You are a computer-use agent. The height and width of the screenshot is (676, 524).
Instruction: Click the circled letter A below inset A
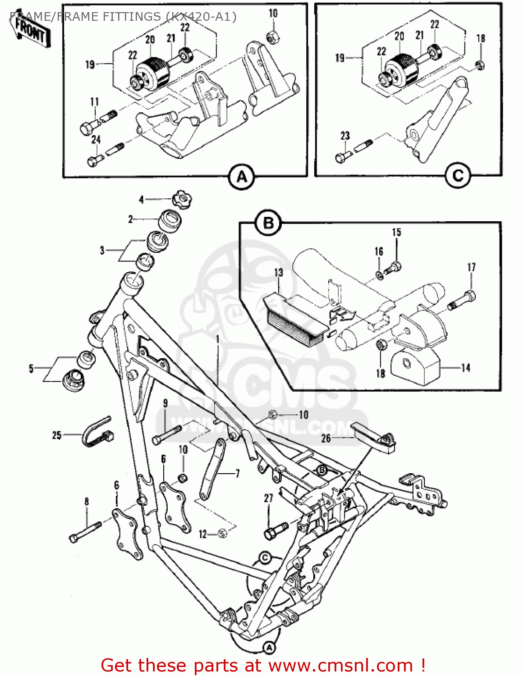(242, 177)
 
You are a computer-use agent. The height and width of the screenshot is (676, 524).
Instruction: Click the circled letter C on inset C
(458, 175)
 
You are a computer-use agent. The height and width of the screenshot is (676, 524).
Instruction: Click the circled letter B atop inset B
(268, 223)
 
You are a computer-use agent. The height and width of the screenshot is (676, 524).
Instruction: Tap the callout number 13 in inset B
(278, 272)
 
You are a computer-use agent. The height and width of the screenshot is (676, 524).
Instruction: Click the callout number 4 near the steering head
(141, 199)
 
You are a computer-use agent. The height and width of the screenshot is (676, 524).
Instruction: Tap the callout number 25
(56, 435)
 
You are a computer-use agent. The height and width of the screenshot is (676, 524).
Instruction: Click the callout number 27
(268, 498)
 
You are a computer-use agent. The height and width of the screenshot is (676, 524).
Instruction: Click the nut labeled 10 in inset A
(272, 38)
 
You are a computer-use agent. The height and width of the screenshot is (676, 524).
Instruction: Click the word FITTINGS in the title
(130, 17)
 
